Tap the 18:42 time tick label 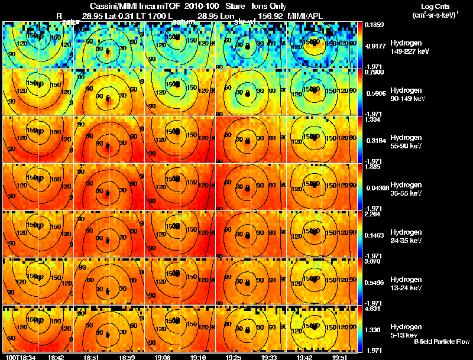pos(56,356)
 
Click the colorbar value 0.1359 pos(373,25)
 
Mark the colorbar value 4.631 pos(372,308)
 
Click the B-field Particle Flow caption pos(441,342)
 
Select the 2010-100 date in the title pos(199,5)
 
